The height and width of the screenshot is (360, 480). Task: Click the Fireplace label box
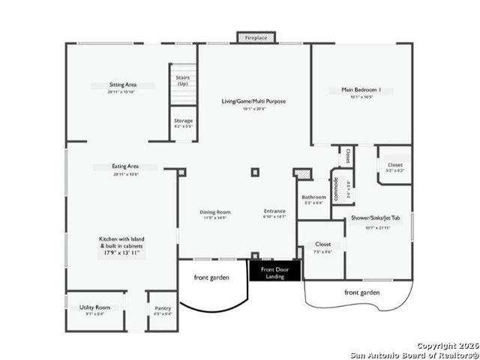coord(256,37)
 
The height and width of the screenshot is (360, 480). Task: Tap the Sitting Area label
coord(123,85)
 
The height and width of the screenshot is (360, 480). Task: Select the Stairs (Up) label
coord(182,80)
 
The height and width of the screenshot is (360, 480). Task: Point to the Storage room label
coord(183,121)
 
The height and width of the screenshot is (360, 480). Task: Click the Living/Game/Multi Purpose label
coord(253,101)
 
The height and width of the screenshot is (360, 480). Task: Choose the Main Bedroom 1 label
coord(361,90)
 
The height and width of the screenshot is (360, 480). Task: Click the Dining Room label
coord(214,211)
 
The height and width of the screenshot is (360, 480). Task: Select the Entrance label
coord(274,211)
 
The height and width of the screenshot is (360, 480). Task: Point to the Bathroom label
coord(314,197)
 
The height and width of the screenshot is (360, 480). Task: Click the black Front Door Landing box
coord(274,271)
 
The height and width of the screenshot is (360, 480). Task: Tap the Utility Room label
coord(95,307)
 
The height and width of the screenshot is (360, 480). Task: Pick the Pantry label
coord(163,308)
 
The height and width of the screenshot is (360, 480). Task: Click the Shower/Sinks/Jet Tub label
coord(376,218)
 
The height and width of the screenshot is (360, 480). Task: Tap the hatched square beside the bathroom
coord(302,174)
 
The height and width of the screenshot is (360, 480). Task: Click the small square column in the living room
coord(255,172)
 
